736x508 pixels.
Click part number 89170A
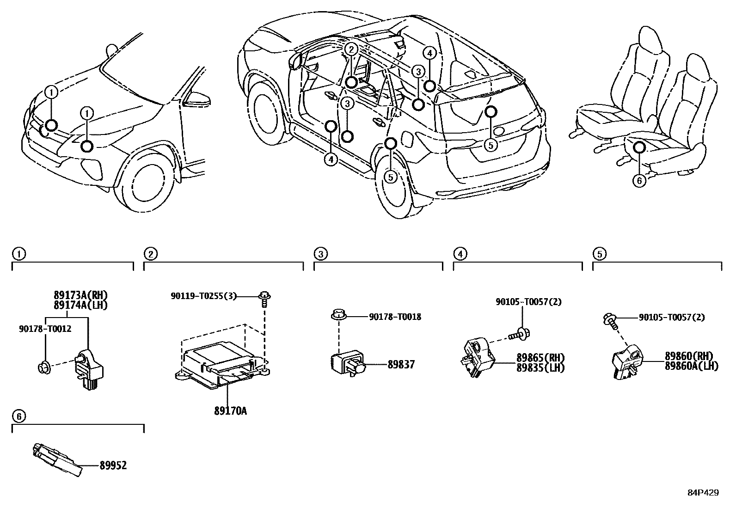click(x=230, y=410)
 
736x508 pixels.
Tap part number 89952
click(x=113, y=465)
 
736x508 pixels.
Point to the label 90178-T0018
click(x=395, y=317)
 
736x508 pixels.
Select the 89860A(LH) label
click(x=691, y=366)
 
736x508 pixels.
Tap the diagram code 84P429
click(x=703, y=493)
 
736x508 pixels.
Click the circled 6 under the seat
click(x=639, y=181)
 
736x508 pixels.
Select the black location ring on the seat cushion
click(x=639, y=147)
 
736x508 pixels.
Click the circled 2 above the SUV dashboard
click(x=351, y=49)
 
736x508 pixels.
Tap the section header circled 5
click(x=599, y=254)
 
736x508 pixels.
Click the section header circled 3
click(x=320, y=254)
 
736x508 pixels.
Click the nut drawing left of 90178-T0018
click(x=339, y=317)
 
